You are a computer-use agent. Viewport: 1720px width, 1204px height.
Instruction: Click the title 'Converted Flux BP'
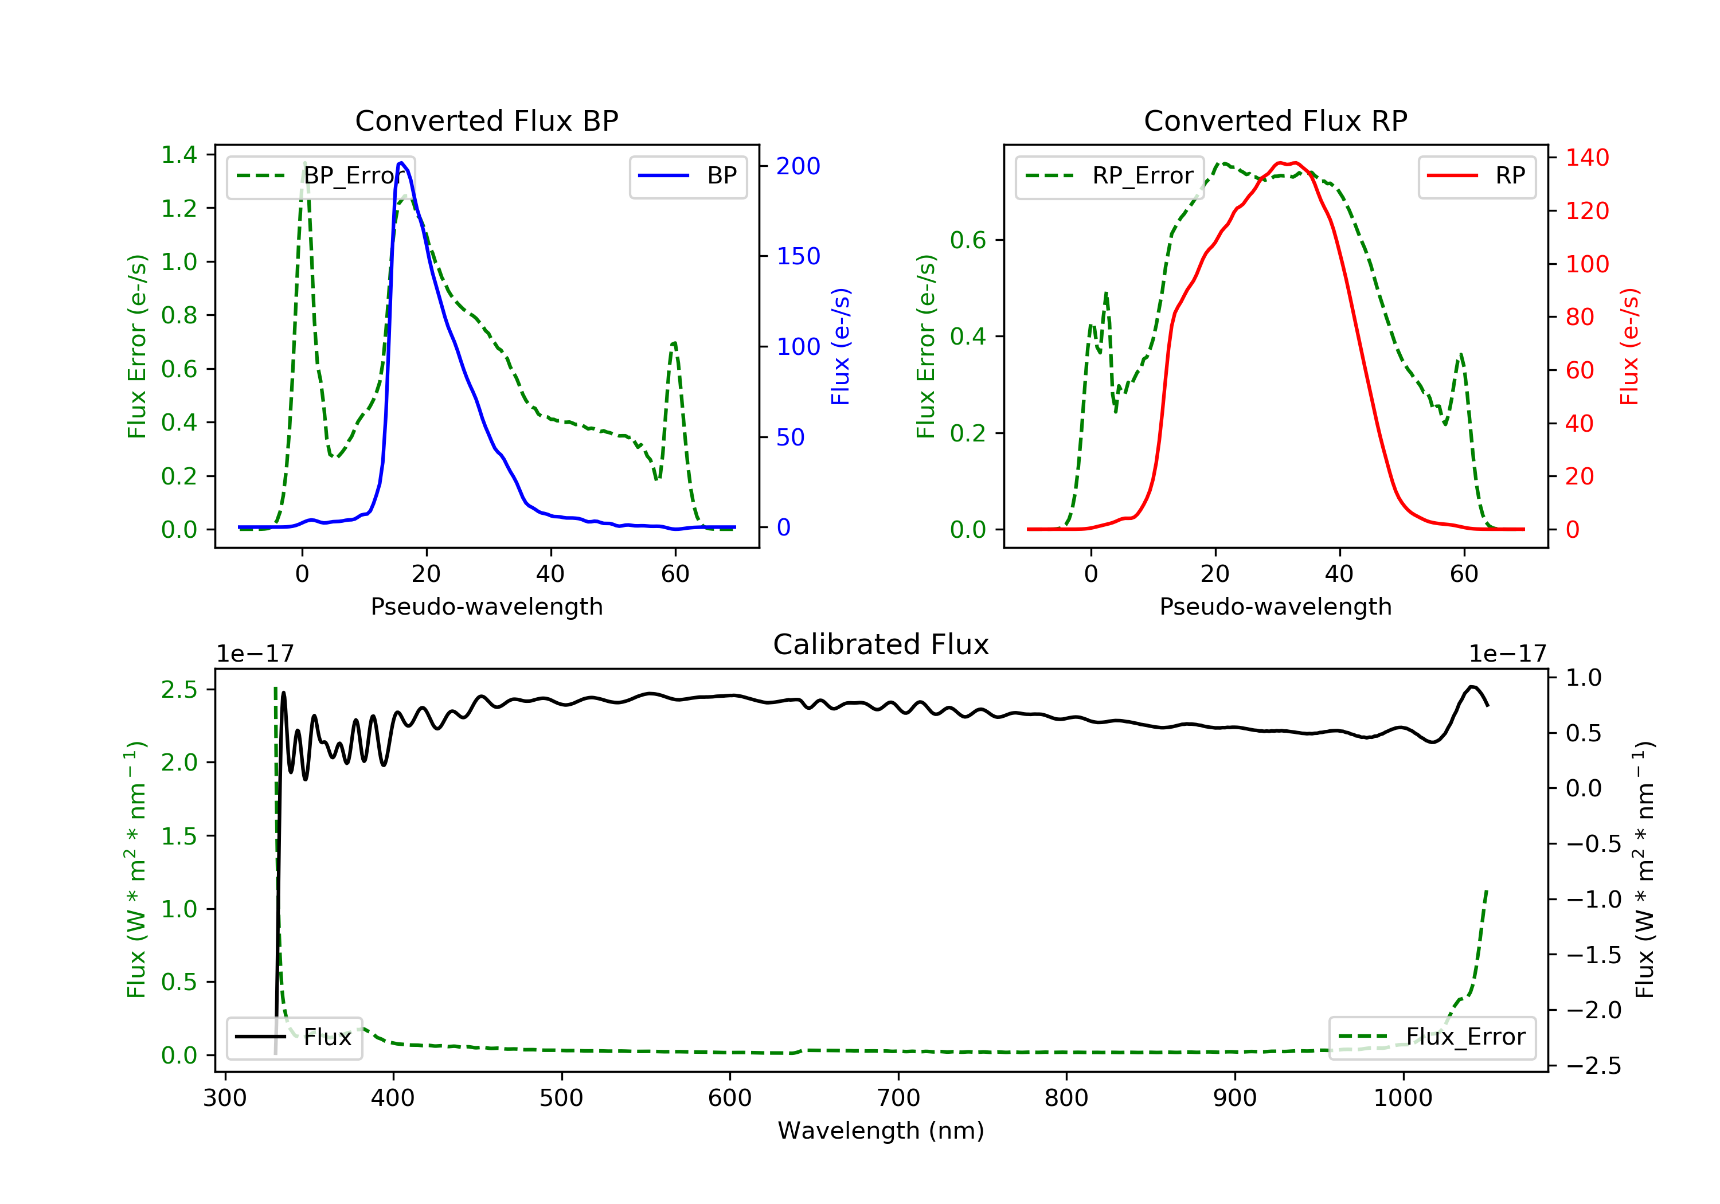coord(487,120)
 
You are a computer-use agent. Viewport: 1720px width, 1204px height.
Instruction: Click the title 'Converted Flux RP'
coord(1276,120)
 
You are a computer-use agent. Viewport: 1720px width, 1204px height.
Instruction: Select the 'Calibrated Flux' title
coord(881,644)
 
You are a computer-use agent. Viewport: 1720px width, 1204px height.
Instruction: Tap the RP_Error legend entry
coord(1109,176)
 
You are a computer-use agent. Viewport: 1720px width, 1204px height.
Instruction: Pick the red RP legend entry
coord(1476,176)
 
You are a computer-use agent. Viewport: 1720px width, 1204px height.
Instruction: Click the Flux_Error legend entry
coord(1432,1037)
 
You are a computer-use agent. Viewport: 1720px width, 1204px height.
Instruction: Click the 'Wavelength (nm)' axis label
coord(881,1131)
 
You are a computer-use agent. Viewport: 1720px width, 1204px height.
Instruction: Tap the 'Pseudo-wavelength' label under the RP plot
coord(1276,606)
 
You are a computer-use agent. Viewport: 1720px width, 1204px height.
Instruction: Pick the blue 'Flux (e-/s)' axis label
coord(841,347)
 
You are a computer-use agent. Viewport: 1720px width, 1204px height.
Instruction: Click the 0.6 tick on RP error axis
coord(968,240)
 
